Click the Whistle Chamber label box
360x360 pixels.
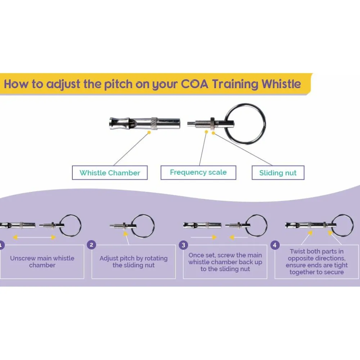(110, 173)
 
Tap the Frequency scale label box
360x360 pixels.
(198, 172)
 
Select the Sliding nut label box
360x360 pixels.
(278, 173)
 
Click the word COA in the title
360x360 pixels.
(195, 84)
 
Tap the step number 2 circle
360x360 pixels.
(91, 245)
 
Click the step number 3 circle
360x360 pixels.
(183, 245)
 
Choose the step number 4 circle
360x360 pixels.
(275, 245)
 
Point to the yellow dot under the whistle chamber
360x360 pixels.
(149, 132)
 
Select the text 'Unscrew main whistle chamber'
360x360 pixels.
(42, 262)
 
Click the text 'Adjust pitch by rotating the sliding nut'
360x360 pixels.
(134, 262)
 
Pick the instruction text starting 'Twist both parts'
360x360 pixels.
(316, 262)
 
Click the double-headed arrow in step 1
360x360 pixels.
(35, 237)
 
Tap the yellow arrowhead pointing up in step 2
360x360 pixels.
(125, 234)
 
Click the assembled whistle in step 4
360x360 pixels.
(311, 225)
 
